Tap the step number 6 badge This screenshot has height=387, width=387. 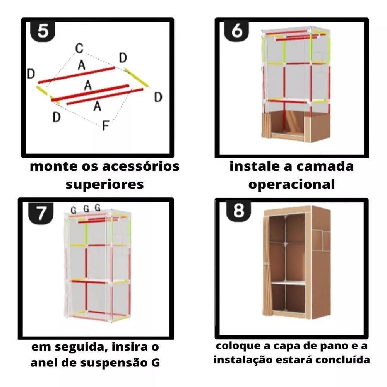click(236, 31)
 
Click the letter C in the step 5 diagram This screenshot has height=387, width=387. click(79, 49)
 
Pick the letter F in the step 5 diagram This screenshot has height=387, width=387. click(105, 125)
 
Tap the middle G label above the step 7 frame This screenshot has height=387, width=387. click(86, 209)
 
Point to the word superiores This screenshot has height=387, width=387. click(104, 184)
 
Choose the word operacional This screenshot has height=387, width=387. click(291, 185)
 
